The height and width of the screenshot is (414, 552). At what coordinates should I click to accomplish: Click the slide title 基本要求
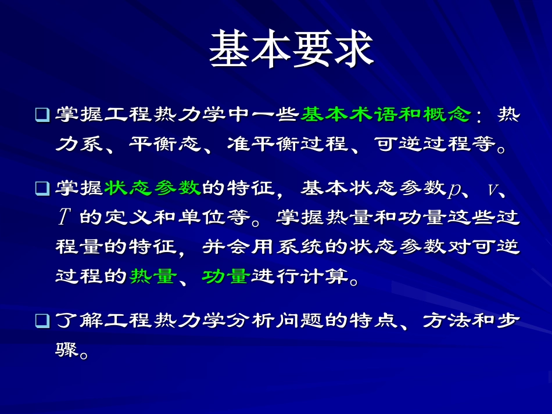pyautogui.click(x=291, y=49)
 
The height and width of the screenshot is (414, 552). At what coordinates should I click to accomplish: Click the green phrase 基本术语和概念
pyautogui.click(x=385, y=114)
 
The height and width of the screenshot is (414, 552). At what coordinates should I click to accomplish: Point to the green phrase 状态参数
pyautogui.click(x=152, y=188)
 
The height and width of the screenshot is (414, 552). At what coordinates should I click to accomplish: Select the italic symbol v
pyautogui.click(x=493, y=190)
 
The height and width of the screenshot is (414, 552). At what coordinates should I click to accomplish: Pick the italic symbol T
pyautogui.click(x=63, y=218)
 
